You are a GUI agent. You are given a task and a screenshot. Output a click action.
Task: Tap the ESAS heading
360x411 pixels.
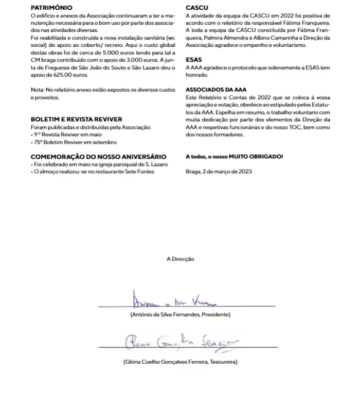click(193, 60)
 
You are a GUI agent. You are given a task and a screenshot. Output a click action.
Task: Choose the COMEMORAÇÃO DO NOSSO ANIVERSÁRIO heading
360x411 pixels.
click(98, 156)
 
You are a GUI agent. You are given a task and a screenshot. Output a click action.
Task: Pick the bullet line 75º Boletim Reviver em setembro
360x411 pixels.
click(75, 142)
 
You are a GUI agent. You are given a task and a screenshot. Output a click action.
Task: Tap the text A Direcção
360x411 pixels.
click(180, 259)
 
